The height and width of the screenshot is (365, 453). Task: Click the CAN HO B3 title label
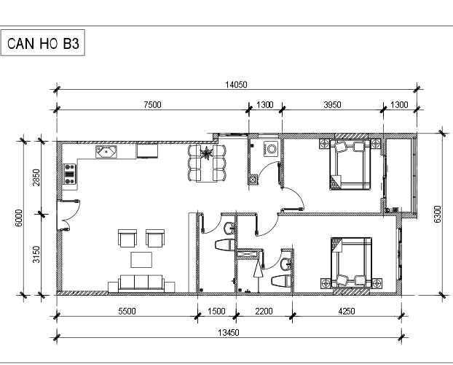(x=43, y=44)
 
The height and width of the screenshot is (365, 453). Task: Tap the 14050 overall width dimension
(x=236, y=85)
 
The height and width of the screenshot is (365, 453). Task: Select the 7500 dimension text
(x=152, y=104)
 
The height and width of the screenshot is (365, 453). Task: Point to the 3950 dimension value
(x=332, y=104)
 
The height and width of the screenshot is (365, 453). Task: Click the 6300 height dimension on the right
(x=438, y=214)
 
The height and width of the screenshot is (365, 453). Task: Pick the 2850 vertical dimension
(x=36, y=177)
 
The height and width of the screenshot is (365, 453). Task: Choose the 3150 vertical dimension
(x=36, y=254)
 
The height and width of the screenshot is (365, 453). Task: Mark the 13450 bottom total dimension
(x=229, y=333)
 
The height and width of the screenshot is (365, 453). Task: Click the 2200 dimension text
(x=264, y=312)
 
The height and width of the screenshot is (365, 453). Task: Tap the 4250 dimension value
(x=347, y=312)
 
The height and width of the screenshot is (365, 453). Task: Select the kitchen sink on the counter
(x=106, y=152)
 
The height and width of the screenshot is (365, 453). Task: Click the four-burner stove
(x=70, y=174)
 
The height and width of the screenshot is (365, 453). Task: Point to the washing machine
(x=271, y=149)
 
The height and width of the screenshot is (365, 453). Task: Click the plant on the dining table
(x=207, y=153)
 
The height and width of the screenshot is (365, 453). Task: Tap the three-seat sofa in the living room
(x=141, y=283)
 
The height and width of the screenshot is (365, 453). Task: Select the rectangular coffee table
(x=141, y=260)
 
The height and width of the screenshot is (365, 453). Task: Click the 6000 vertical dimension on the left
(x=19, y=218)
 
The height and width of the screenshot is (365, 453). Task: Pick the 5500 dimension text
(x=127, y=312)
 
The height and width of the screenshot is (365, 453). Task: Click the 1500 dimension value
(x=216, y=312)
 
